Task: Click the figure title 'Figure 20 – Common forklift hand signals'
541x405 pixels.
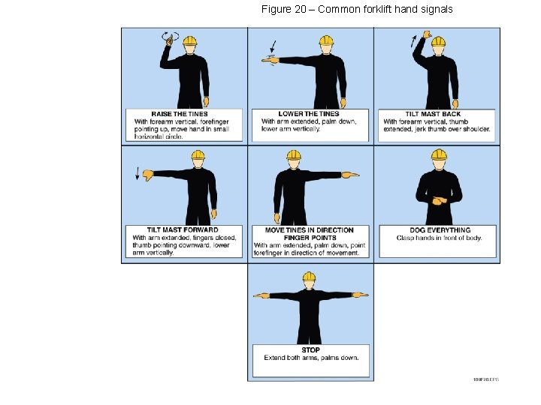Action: tap(357, 10)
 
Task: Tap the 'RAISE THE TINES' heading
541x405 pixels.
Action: tap(180, 114)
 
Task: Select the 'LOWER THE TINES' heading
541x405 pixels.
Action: tap(303, 114)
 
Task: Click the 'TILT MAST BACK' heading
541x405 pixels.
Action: tap(433, 114)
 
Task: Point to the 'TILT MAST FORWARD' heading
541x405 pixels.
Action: tap(183, 230)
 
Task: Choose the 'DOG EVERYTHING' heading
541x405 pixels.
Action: tap(440, 230)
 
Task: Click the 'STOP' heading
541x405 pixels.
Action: tap(310, 349)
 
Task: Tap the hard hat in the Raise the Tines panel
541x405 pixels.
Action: tap(189, 40)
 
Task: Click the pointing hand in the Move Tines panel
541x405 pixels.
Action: tap(350, 175)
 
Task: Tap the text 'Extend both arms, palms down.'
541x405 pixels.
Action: tap(311, 358)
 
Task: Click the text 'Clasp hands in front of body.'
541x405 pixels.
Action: tap(440, 238)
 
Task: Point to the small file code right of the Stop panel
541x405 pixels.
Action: tap(485, 379)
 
